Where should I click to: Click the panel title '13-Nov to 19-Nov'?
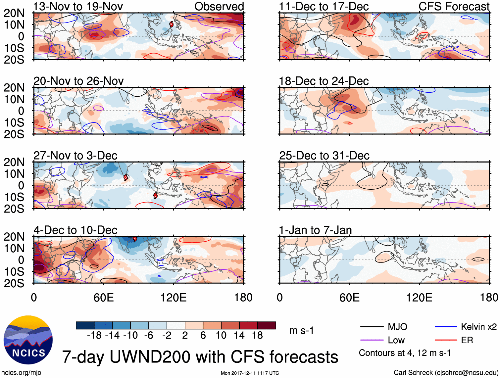point(78,6)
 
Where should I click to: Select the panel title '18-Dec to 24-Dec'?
point(324,81)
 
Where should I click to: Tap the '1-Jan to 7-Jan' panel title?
point(315,230)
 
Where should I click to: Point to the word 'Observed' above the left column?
point(219,6)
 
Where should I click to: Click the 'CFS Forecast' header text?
point(454,6)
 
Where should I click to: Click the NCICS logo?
point(28,340)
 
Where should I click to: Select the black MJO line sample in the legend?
point(372,327)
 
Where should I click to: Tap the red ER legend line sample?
point(446,340)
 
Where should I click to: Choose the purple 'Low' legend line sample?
point(372,340)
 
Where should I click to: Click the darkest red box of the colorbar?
point(267,325)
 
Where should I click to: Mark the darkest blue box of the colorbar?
point(85,325)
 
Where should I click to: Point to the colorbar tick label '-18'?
point(94,336)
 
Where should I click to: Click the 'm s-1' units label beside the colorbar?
point(301,331)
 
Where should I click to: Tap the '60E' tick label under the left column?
point(104,298)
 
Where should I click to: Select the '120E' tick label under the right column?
point(419,298)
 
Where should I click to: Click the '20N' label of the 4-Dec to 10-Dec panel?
point(14,237)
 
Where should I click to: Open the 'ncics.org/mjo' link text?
point(21,373)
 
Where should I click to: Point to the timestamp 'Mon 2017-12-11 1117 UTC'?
point(250,373)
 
